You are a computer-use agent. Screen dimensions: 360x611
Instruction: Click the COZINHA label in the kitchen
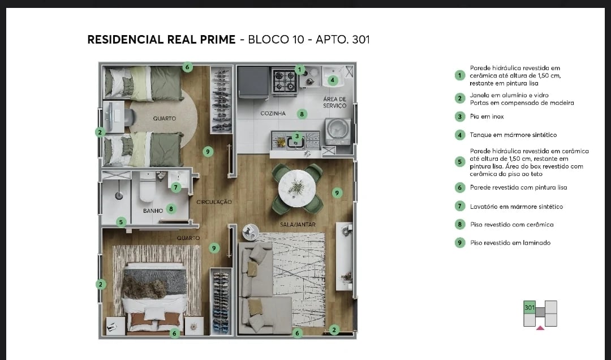pos(273,114)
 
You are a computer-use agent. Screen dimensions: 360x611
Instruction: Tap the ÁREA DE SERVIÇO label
pos(334,102)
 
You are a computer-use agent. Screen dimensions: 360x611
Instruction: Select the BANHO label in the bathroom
pos(153,211)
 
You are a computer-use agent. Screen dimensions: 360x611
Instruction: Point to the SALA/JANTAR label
pos(298,225)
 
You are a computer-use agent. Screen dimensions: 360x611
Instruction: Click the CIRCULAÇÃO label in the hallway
pos(214,202)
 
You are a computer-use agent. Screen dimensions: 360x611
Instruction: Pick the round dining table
pos(297,187)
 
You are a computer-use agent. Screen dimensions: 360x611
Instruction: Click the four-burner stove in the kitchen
pos(285,80)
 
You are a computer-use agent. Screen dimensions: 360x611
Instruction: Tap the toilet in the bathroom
pos(147,187)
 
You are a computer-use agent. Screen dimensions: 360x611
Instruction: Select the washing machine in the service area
pos(337,131)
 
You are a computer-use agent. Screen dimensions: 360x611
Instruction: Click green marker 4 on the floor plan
pos(333,80)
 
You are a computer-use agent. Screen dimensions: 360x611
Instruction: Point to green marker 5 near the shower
pos(121,222)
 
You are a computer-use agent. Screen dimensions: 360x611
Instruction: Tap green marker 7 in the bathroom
pos(176,187)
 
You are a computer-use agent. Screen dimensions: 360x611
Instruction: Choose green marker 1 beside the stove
pos(300,70)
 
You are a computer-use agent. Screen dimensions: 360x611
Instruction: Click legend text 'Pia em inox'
pos(487,117)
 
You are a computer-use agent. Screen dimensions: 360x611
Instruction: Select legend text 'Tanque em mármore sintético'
pos(513,135)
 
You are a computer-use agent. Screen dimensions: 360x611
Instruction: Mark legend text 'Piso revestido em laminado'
pos(510,243)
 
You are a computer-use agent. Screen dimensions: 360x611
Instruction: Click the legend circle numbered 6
pos(460,187)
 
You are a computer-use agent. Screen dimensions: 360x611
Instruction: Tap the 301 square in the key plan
pos(530,307)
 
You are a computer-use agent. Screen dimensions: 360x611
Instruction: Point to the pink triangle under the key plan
pos(540,327)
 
